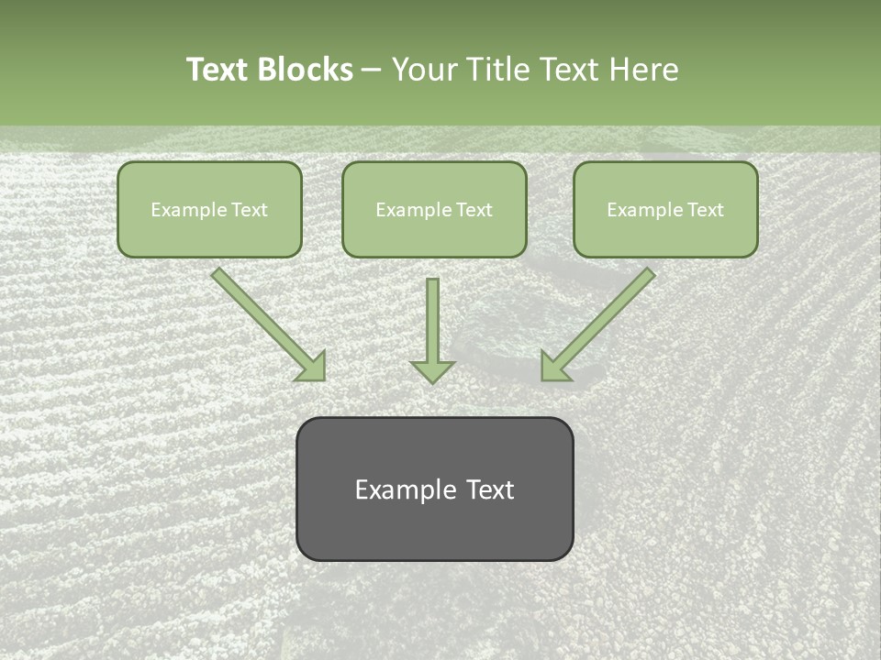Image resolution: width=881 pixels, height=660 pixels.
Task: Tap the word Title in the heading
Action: [496, 70]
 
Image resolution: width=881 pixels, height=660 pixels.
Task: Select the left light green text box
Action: [209, 209]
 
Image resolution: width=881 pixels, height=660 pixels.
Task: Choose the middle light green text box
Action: [434, 209]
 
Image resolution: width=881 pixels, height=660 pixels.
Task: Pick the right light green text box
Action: [665, 209]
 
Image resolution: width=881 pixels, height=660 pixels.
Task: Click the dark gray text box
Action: [434, 489]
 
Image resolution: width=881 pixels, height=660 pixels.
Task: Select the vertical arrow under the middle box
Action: [432, 325]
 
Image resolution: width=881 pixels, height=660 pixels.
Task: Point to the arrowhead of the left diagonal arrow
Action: [312, 367]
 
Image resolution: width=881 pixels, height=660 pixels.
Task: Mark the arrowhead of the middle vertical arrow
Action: [432, 370]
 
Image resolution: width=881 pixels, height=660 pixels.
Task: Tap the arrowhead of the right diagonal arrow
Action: [554, 367]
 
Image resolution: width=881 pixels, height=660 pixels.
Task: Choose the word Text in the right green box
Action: [706, 210]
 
